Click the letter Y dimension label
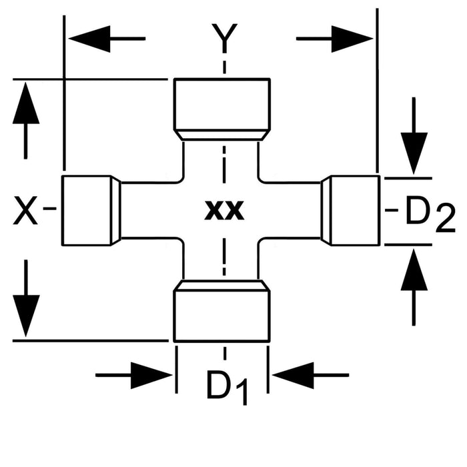click(x=224, y=39)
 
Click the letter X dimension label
click(x=26, y=213)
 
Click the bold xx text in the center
click(x=224, y=211)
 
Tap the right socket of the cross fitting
click(x=351, y=211)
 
